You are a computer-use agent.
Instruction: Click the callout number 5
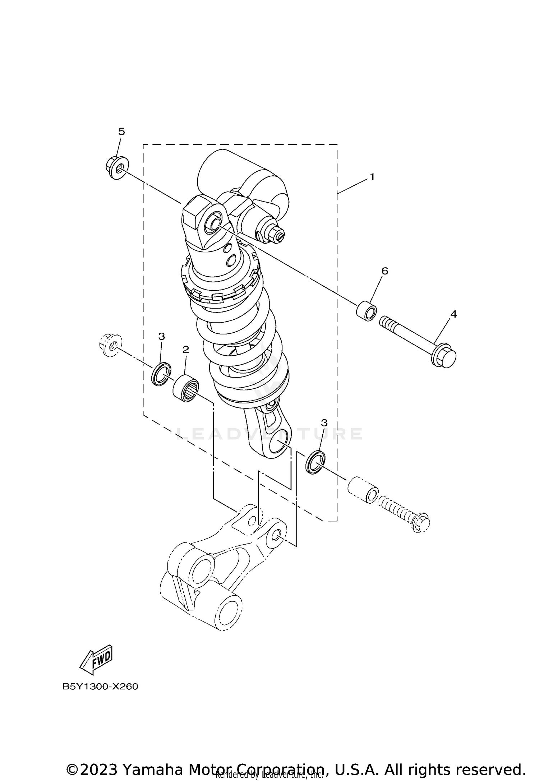(x=121, y=132)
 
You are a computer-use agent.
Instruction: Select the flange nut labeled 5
(x=116, y=167)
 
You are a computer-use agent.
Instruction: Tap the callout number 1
(x=372, y=177)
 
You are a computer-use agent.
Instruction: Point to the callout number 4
(x=453, y=314)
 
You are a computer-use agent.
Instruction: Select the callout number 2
(x=185, y=350)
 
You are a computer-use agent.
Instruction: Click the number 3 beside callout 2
(x=162, y=337)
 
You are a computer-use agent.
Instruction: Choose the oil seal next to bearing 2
(x=161, y=374)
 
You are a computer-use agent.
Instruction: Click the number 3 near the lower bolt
(x=324, y=423)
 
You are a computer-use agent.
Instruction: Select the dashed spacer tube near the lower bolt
(x=363, y=489)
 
